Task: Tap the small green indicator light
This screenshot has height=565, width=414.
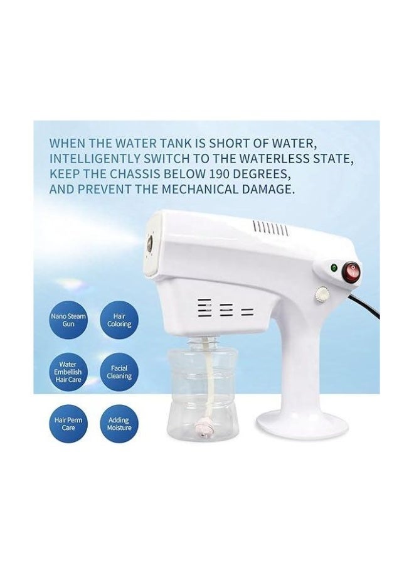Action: click(334, 267)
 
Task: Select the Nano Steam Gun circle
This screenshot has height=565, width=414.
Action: click(68, 320)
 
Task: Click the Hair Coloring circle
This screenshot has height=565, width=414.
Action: click(119, 320)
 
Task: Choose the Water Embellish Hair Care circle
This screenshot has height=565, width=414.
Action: click(68, 372)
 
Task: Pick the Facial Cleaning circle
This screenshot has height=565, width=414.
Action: click(119, 372)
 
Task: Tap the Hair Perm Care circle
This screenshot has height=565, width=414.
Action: click(68, 424)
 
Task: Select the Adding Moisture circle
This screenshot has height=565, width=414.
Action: click(119, 424)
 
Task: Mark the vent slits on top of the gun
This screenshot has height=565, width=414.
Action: click(271, 229)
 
